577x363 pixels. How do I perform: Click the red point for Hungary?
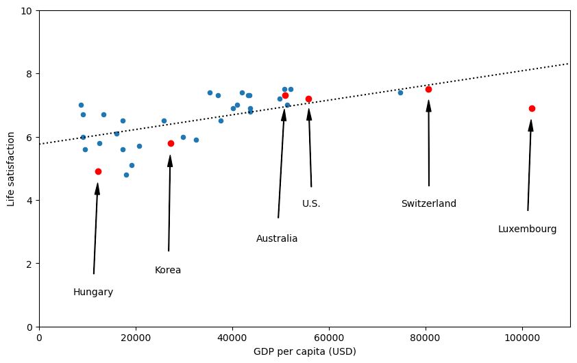coord(98,171)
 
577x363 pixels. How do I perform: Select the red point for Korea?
coord(171,143)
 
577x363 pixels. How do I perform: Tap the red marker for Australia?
coord(285,96)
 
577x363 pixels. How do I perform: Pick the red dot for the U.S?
coord(308,99)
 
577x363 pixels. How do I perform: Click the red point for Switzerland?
coord(428,89)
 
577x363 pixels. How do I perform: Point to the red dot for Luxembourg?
coord(532,108)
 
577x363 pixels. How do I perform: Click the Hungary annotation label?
coord(93,292)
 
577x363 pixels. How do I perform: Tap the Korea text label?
coord(168,271)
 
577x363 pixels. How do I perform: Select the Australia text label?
coord(277,239)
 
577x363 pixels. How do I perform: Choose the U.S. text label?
coord(311,204)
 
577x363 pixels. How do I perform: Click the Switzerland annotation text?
coord(428,204)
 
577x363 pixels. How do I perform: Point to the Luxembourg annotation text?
coord(527,229)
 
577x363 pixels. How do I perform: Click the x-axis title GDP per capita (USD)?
coord(304,352)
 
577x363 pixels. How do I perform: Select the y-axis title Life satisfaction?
coord(11,168)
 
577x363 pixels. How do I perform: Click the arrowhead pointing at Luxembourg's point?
coord(530,125)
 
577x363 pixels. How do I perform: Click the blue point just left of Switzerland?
coord(400,92)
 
